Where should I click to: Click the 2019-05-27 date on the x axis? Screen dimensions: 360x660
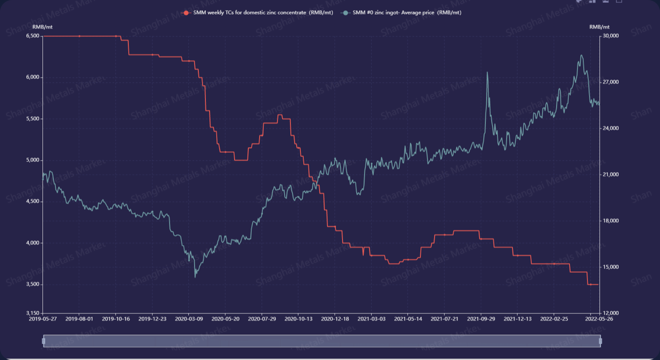click(x=42, y=318)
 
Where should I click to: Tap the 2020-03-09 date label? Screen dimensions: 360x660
click(x=188, y=318)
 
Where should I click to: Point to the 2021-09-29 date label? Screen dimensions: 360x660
click(x=481, y=318)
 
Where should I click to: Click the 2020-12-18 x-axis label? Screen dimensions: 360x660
click(x=334, y=318)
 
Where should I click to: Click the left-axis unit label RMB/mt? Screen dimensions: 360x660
click(x=42, y=26)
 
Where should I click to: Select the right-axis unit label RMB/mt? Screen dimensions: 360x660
click(x=599, y=26)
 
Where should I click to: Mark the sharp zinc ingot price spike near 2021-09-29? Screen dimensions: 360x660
click(x=487, y=73)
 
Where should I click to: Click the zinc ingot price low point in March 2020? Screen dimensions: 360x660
click(x=195, y=276)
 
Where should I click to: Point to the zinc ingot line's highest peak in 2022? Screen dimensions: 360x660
click(x=581, y=55)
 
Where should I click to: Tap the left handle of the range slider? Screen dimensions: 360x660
click(x=43, y=341)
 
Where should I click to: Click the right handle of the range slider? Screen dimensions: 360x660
click(x=600, y=341)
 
